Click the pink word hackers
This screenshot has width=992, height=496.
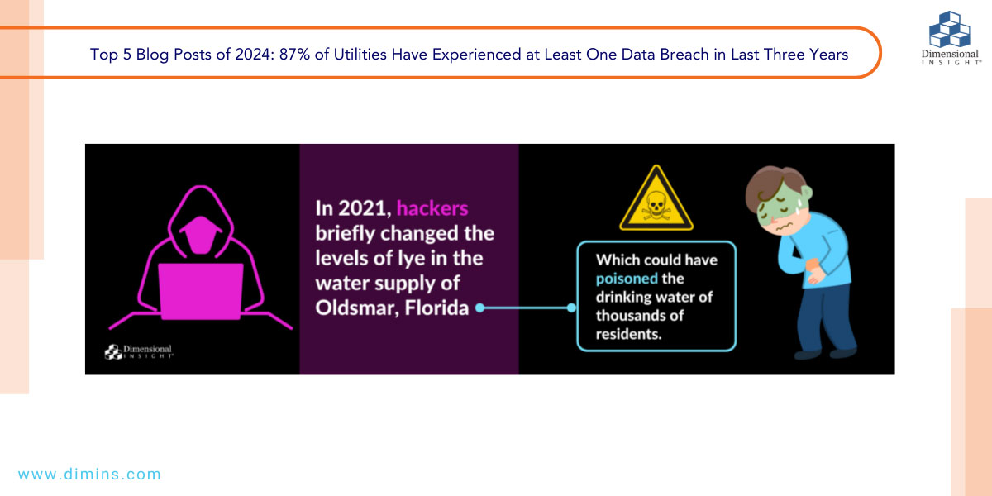(x=432, y=208)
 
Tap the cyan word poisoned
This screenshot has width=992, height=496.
(x=627, y=279)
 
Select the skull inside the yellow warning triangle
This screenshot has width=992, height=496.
(x=656, y=205)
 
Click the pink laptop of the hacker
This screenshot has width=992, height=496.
(x=201, y=291)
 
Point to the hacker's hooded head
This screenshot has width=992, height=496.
(x=201, y=222)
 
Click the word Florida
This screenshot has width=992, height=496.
(x=436, y=308)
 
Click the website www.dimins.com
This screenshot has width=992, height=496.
(x=89, y=475)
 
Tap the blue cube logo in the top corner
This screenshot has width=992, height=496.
(x=950, y=30)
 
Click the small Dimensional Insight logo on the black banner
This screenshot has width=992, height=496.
(x=139, y=352)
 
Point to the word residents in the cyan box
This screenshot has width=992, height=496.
(x=628, y=334)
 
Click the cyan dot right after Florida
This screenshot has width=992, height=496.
(x=479, y=308)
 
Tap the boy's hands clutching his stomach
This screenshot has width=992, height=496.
(x=815, y=270)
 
